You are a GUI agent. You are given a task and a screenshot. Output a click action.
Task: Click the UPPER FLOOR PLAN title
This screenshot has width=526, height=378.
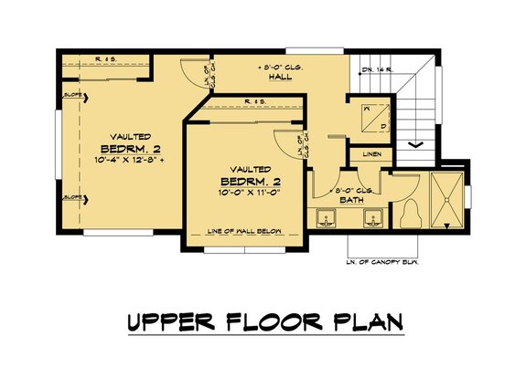(x=263, y=323)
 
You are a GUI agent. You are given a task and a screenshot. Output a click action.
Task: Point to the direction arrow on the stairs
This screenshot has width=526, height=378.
(x=413, y=142)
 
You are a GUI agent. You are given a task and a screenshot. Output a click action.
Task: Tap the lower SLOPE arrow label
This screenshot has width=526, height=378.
(x=73, y=197)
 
